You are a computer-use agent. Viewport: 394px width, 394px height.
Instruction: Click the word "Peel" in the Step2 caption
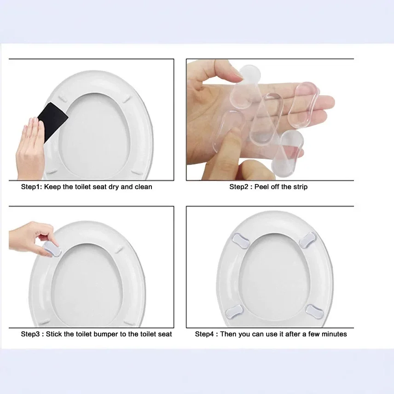[261, 187]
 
